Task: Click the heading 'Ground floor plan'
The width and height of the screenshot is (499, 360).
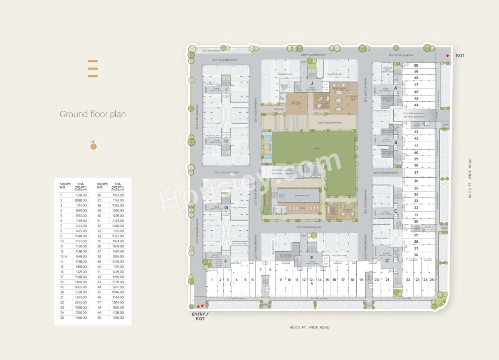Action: (92, 114)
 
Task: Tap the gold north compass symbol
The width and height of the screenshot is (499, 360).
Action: (93, 146)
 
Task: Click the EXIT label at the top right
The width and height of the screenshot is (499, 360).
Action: (460, 56)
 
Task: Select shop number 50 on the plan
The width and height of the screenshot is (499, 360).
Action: (416, 65)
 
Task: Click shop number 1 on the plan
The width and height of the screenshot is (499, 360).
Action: (212, 280)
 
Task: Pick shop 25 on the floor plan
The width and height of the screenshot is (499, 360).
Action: (432, 280)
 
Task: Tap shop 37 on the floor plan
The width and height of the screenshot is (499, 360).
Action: (416, 173)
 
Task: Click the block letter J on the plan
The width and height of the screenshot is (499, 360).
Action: (312, 83)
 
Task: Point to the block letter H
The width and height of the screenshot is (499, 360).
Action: (226, 141)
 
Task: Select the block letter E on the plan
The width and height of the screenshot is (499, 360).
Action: (311, 258)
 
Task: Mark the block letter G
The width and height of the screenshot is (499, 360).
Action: (226, 208)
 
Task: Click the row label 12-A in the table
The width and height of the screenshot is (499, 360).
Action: (64, 256)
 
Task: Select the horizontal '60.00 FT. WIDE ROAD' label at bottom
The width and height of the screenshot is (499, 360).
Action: (310, 327)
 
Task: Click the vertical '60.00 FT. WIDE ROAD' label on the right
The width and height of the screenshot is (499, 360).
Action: (470, 178)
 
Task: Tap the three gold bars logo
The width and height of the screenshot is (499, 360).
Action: (93, 69)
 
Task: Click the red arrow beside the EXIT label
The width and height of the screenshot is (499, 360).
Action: (448, 56)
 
